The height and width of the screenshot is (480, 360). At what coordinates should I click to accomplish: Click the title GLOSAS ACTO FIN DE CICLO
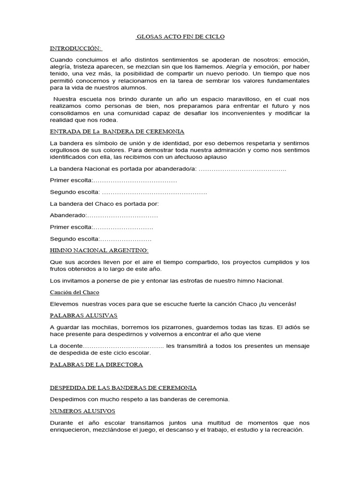click(180, 37)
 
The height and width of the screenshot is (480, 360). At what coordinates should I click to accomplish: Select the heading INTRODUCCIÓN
click(76, 48)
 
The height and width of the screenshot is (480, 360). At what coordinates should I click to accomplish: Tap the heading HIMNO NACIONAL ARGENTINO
click(99, 250)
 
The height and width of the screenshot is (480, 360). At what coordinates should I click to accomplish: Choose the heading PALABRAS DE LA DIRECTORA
click(96, 364)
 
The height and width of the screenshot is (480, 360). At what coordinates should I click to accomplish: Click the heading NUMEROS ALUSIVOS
click(82, 411)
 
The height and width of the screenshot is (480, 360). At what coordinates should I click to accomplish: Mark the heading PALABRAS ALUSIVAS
click(83, 315)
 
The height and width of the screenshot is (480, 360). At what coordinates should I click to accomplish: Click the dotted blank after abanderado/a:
click(242, 169)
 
